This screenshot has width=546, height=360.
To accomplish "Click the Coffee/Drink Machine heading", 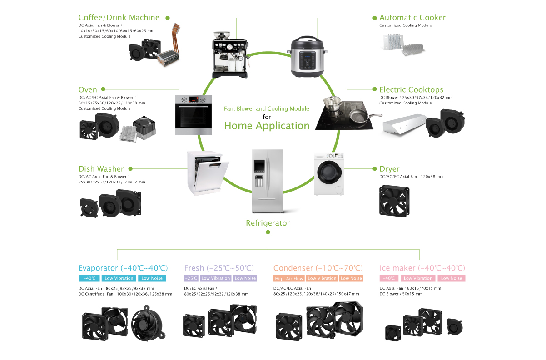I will coord(119,18).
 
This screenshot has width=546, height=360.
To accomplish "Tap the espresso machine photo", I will coord(230,53).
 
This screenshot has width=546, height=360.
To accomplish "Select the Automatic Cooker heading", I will coord(412,18).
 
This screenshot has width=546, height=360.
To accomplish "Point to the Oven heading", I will coord(88,90).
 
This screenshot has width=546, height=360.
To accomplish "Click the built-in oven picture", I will coord(194,115).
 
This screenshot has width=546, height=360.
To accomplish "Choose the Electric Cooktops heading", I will coord(411,90).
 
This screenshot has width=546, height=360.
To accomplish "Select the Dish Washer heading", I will coord(101,169).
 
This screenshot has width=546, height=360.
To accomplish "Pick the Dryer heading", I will coord(389,169).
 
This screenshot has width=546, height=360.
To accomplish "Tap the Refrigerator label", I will coord(268,223).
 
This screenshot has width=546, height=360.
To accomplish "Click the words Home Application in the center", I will coord(267,126).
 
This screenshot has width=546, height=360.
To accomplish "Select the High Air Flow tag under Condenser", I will coord(288,278).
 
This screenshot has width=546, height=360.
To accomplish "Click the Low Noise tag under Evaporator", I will coord(152,278).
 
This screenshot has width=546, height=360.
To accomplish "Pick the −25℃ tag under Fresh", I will coord(191,278).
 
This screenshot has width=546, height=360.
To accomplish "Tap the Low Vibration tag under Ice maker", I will coord(418,278).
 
